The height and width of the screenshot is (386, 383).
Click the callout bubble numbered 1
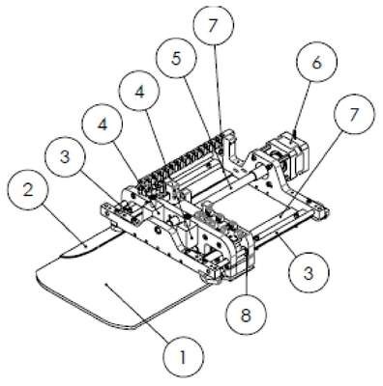coord(183,357)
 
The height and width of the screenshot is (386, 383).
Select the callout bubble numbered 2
coord(28,190)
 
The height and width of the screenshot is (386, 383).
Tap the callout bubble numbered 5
coord(176,60)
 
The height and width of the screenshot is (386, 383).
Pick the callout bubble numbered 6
coord(316,63)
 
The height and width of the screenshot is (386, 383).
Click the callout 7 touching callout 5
coord(212,26)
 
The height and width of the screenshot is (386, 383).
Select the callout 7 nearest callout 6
coord(354,115)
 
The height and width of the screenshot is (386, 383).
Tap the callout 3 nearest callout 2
coord(65,157)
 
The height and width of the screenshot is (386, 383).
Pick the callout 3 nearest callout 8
coord(309,273)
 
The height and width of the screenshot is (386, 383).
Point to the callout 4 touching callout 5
coord(139,92)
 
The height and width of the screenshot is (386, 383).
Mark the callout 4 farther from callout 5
coord(103,124)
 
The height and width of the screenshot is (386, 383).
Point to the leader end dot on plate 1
coord(106,284)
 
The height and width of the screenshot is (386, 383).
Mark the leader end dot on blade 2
coord(86,245)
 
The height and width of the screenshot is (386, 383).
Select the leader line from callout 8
coord(247,269)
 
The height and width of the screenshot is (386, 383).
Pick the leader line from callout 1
coord(139,312)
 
